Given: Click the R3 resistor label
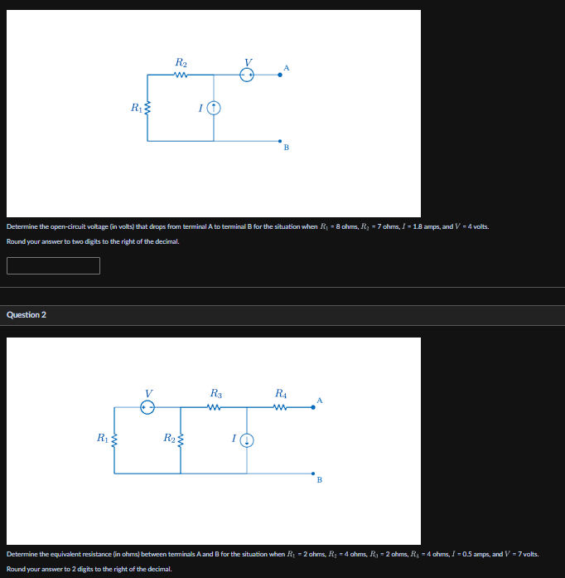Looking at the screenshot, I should click(x=215, y=392).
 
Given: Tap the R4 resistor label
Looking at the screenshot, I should click(x=281, y=392).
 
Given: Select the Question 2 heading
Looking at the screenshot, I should click(x=27, y=314).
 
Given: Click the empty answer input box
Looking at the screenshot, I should click(x=53, y=265).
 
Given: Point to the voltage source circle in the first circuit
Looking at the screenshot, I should click(x=247, y=75).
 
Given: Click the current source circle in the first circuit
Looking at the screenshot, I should click(x=214, y=108).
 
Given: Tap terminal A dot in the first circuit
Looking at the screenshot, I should click(x=280, y=75).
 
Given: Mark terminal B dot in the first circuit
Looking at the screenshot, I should click(x=280, y=141).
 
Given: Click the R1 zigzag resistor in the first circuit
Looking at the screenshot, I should click(x=147, y=107).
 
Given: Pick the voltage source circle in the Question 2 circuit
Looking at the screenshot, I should click(x=147, y=406).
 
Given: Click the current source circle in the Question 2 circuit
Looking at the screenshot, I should click(x=247, y=440).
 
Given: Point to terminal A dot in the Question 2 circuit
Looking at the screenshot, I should click(x=313, y=406).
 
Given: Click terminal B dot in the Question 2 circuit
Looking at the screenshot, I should click(x=313, y=473).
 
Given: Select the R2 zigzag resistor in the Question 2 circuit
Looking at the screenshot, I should click(x=181, y=439).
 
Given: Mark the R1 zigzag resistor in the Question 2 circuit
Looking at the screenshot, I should click(x=114, y=439).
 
